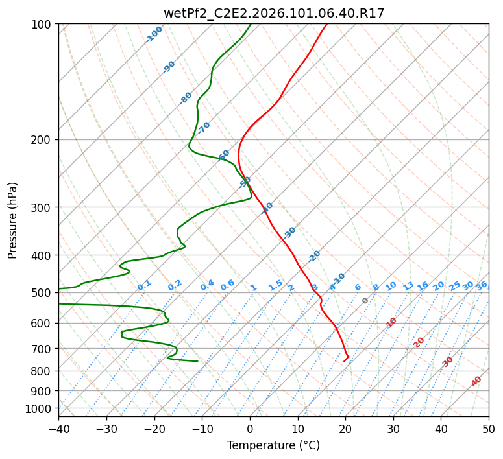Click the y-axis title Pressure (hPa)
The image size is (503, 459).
pyautogui.click(x=12, y=220)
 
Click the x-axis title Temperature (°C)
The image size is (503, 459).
pyautogui.click(x=273, y=445)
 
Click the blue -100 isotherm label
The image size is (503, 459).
pyautogui.click(x=154, y=34)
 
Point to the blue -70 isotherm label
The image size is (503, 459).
pyautogui.click(x=204, y=127)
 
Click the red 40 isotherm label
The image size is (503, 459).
pyautogui.click(x=476, y=381)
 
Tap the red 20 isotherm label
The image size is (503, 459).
pyautogui.click(x=419, y=342)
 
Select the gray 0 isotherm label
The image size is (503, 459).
pyautogui.click(x=365, y=301)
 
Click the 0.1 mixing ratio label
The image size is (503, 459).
pyautogui.click(x=144, y=285)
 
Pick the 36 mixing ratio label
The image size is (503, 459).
pyautogui.click(x=482, y=285)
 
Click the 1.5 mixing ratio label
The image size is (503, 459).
pyautogui.click(x=275, y=285)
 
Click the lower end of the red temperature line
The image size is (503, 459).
pyautogui.click(x=344, y=361)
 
